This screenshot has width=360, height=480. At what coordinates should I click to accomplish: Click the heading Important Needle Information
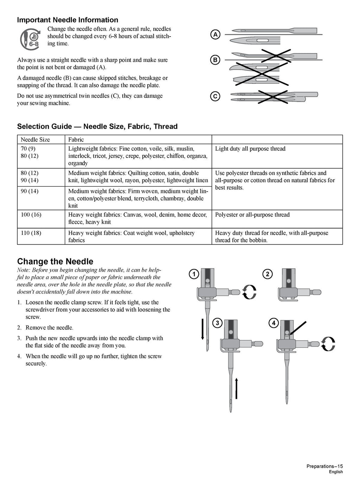[67, 20]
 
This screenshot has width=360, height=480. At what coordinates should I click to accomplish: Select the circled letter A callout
[215, 34]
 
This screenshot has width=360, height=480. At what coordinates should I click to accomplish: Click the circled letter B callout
[215, 60]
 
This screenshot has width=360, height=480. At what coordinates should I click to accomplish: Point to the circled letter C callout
[215, 96]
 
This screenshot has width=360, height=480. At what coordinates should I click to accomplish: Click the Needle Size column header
[35, 140]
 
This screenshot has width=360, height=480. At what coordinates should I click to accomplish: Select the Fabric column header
[76, 140]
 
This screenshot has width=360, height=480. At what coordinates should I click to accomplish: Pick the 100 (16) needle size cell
[31, 215]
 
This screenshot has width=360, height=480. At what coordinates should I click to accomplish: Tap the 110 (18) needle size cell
[31, 233]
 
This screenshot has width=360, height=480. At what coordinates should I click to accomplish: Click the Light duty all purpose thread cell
[250, 149]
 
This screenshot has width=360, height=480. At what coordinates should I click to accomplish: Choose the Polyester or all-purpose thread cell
[252, 215]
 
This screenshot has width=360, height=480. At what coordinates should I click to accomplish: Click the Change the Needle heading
[55, 261]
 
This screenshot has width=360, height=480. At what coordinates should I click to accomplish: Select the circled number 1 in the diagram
[193, 274]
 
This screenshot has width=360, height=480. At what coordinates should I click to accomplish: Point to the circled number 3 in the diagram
[218, 323]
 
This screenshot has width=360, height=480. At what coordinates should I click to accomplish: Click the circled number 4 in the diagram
[273, 323]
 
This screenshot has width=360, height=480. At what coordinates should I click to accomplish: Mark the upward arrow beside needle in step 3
[236, 388]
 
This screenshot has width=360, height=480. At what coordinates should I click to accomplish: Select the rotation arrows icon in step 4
[328, 344]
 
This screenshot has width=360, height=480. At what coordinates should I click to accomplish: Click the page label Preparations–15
[324, 467]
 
